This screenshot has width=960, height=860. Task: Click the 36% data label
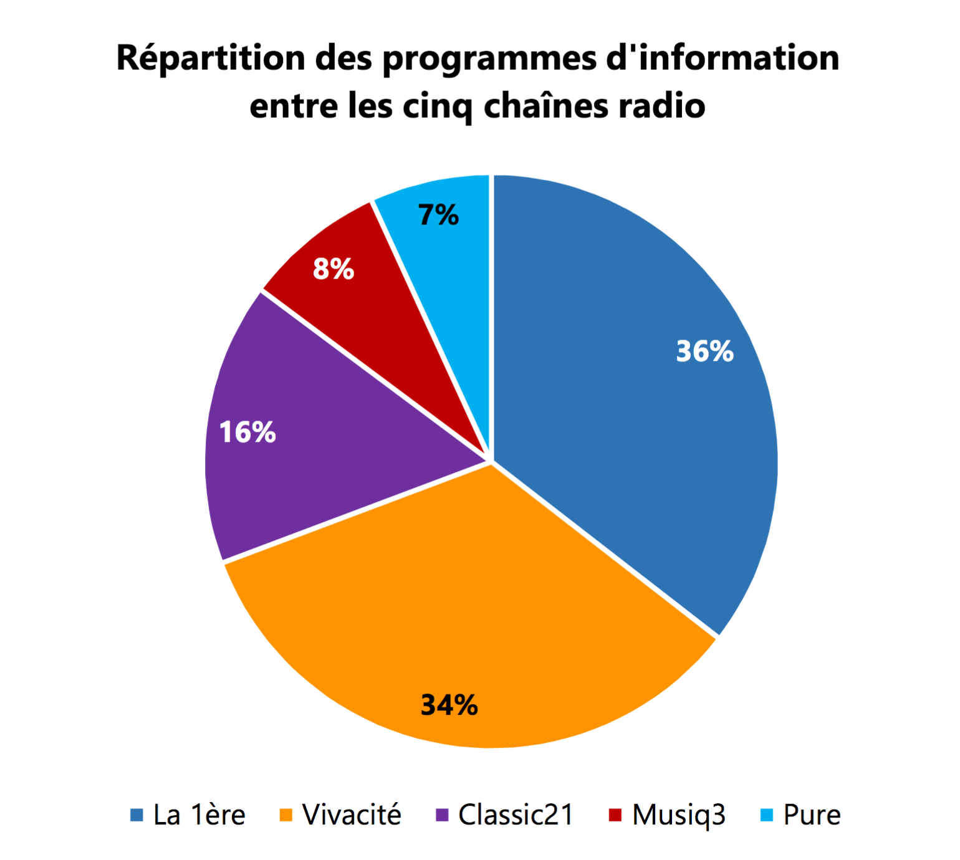(704, 351)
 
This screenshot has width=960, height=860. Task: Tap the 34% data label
(449, 705)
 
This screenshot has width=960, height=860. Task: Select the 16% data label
(247, 432)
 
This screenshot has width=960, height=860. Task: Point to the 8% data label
(334, 269)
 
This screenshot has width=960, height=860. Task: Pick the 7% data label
(438, 215)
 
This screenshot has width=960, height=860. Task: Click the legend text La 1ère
(199, 815)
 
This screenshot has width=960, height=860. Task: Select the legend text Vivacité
(352, 815)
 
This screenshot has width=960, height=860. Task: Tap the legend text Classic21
(516, 815)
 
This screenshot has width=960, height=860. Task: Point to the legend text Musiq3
(679, 815)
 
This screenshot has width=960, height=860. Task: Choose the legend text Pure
(812, 815)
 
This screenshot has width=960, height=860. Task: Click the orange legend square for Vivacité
(286, 815)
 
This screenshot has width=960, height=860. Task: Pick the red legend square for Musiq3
(615, 815)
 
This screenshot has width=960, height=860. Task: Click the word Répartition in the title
(211, 59)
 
